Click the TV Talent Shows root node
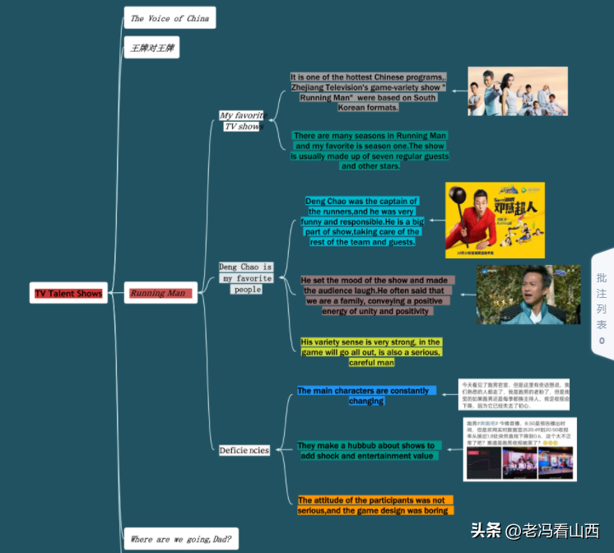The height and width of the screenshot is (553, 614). (68, 293)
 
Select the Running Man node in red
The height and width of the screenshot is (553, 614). (160, 293)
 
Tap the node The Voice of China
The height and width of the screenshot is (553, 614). (170, 18)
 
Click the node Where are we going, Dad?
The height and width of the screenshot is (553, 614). (180, 540)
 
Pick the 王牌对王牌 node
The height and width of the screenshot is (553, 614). (151, 48)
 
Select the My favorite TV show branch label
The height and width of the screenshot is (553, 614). (243, 121)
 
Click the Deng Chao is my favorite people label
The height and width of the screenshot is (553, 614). (245, 278)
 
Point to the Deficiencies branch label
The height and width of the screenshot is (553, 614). (244, 450)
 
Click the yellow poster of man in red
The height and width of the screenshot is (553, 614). (495, 220)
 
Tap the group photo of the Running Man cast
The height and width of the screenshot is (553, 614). (518, 91)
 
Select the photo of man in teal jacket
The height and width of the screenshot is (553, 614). (528, 295)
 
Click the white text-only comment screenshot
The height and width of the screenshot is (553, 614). (514, 395)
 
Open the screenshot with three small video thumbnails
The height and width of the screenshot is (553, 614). (519, 449)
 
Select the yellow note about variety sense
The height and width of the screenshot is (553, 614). (371, 351)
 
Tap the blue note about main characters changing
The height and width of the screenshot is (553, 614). (365, 396)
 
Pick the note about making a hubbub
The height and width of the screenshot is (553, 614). (365, 450)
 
